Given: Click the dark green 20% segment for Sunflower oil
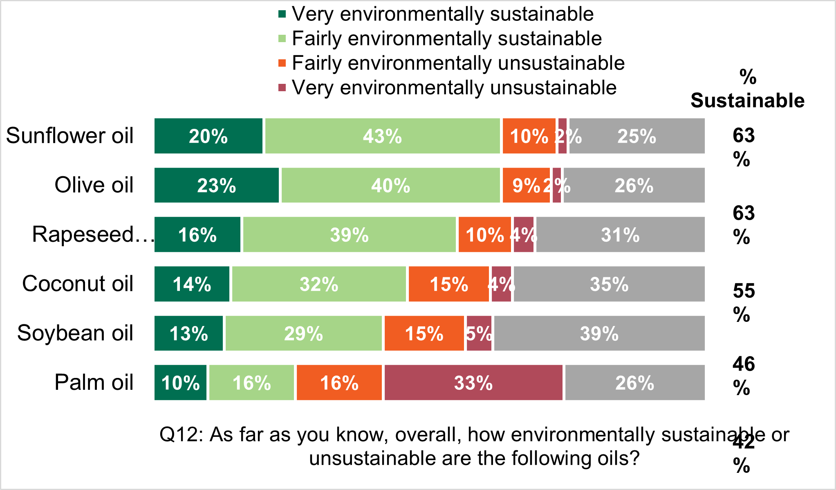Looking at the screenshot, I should point(208,136).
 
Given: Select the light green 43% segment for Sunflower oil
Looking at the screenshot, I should point(382,136).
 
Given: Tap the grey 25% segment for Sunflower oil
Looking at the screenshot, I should point(637,136).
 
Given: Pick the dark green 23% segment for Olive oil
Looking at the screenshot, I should point(217,185).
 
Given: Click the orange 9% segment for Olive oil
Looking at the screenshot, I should point(526,185).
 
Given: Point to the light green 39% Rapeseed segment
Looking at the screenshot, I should point(349,235).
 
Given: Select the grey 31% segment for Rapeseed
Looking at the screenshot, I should point(620,235).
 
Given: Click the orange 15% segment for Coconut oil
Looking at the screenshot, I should point(448,284).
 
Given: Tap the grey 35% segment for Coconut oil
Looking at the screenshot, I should point(609,284).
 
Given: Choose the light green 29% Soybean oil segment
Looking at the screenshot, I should point(303,333).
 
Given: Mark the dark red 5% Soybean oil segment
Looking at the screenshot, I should point(479,333).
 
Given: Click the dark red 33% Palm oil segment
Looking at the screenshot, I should point(473,383).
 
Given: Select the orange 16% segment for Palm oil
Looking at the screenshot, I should point(339,383).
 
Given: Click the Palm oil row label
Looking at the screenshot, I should point(94,383).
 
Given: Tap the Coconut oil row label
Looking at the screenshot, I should point(78,284).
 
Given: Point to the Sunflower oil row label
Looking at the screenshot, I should point(69,136).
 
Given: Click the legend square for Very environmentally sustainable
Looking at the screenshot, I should point(282,14).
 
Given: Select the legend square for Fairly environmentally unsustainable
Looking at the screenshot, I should point(282,63).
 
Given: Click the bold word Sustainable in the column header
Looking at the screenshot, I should point(747,101).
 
